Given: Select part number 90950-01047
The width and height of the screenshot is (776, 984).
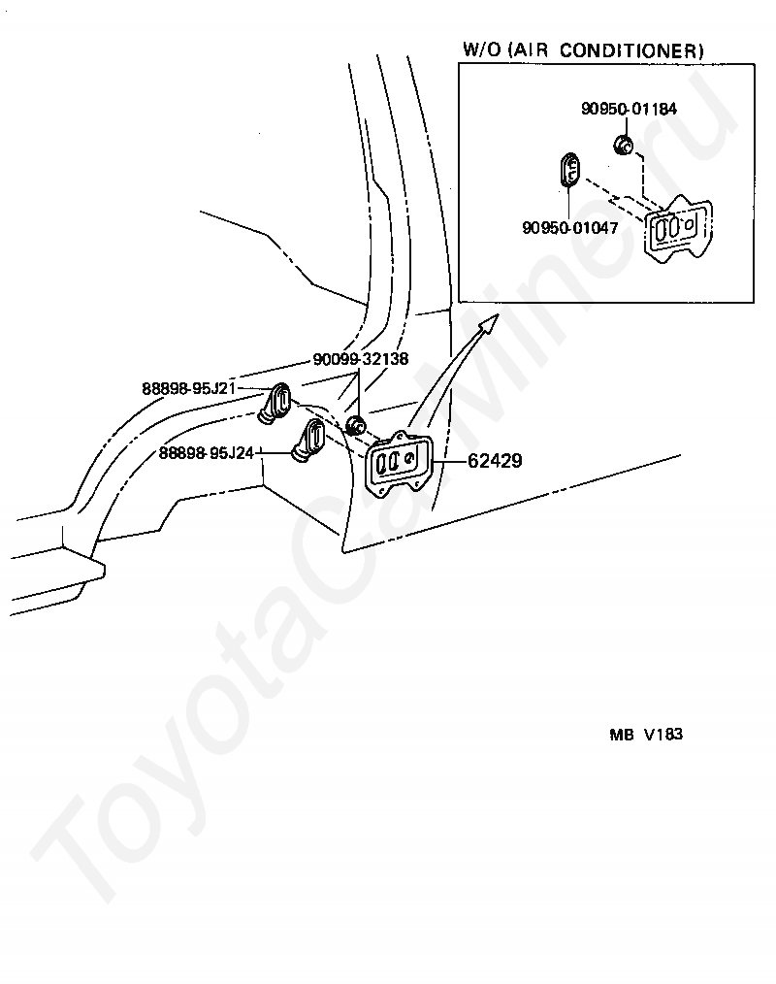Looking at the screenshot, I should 569,228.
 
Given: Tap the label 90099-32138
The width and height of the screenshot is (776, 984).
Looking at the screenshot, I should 360,359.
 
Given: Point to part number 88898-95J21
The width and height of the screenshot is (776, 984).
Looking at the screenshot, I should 188,389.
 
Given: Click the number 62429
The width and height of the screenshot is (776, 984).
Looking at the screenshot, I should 495,461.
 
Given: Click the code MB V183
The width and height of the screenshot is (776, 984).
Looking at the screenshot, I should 646,735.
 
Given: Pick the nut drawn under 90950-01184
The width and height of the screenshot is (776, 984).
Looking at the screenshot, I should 624,147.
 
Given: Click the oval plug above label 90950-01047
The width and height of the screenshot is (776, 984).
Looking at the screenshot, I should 570,171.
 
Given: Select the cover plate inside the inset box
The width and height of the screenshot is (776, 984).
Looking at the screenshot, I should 678,230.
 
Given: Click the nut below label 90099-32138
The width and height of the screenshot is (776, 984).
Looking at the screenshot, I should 356,425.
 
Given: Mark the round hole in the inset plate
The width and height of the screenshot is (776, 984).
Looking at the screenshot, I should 690,224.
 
